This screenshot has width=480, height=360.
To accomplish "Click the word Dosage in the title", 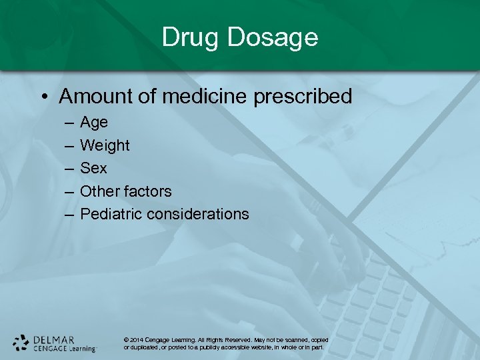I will [272, 37].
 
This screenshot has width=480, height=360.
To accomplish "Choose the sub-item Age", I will [93, 123].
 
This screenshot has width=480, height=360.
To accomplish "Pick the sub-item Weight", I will [105, 146].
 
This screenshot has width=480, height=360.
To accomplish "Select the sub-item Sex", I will [93, 168].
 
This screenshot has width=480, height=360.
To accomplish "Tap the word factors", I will [147, 191].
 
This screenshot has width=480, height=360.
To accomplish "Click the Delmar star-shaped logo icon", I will [21, 343].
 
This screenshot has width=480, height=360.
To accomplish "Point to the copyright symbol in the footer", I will [127, 340].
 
